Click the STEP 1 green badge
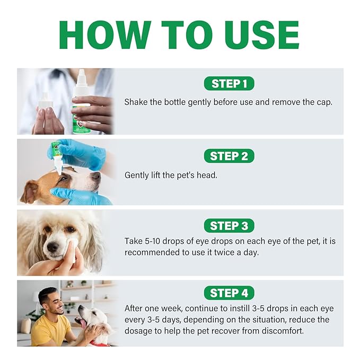click(x=229, y=83)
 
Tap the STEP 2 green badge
click(x=229, y=156)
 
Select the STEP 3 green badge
click(x=229, y=226)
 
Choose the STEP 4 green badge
click(x=229, y=293)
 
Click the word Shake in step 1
click(x=136, y=102)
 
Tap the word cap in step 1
click(x=324, y=102)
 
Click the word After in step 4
click(x=135, y=309)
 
